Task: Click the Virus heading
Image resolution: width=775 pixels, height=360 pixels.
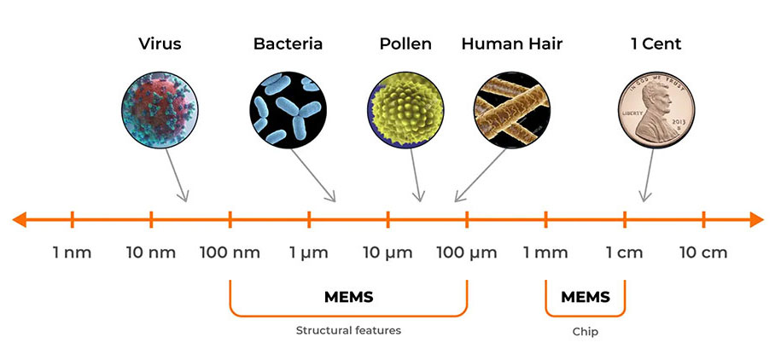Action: [160, 44]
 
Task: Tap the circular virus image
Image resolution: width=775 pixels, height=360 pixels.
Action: [160, 110]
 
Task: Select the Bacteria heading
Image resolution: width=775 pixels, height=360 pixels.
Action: [288, 44]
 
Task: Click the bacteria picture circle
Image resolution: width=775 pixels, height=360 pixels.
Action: [288, 110]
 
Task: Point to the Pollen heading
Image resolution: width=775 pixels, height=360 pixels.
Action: [405, 44]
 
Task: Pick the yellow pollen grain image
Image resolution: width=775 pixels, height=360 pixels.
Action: [405, 110]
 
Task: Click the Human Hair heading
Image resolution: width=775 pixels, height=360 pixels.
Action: [512, 44]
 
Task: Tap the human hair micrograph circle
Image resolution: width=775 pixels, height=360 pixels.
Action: [512, 110]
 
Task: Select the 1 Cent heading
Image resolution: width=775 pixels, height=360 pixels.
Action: [656, 44]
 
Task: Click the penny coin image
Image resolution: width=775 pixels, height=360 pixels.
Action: [656, 110]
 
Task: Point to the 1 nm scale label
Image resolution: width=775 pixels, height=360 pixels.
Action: [73, 253]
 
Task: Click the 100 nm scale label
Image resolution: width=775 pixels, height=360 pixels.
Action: [230, 253]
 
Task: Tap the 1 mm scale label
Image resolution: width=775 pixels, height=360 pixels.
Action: [545, 253]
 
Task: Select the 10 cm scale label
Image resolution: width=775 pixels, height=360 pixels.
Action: [703, 253]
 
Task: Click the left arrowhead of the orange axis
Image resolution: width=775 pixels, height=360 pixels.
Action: [19, 219]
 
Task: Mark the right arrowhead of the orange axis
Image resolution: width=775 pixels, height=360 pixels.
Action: [757, 219]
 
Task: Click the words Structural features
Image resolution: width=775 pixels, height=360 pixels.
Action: [348, 330]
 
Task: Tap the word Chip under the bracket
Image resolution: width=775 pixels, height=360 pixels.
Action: [586, 332]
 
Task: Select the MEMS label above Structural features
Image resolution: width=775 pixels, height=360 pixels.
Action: [348, 297]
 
